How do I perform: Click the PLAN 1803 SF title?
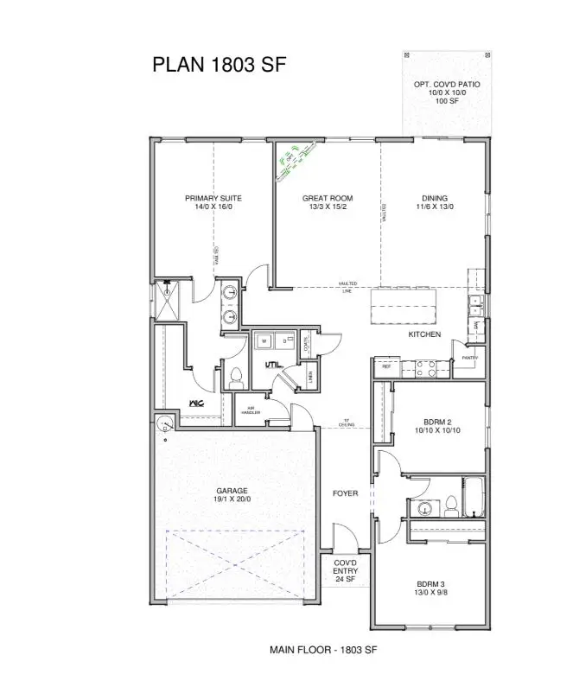point(219,65)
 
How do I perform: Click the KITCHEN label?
point(424,334)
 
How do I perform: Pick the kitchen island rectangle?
point(404,304)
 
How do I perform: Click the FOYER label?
point(345,493)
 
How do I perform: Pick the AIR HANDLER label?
point(251,411)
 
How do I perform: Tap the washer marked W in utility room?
point(263,341)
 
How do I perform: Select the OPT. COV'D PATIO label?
point(447,85)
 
